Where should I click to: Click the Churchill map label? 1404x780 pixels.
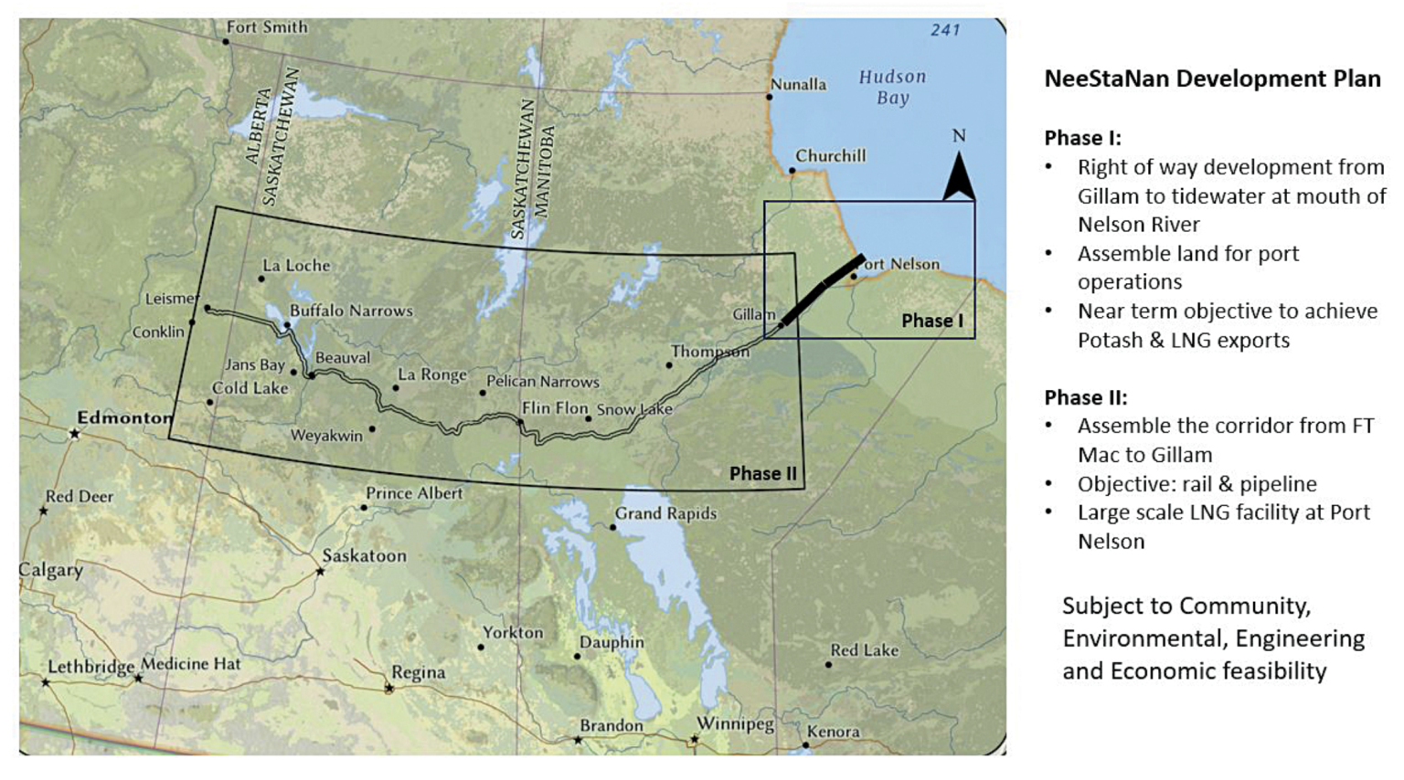830,156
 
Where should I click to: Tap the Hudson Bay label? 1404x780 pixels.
892,87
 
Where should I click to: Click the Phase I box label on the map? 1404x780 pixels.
932,321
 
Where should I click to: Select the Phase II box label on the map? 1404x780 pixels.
763,473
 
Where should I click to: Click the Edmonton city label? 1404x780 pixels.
124,417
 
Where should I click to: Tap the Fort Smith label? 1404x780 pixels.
266,27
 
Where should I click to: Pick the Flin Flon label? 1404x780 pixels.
555,407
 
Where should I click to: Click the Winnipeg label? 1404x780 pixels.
735,724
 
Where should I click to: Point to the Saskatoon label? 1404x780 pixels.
364,555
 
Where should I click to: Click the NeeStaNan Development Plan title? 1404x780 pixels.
1212,79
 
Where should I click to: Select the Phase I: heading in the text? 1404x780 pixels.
1082,138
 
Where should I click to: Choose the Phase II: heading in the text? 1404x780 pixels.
1086,397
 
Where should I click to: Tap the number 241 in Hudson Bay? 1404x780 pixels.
945,30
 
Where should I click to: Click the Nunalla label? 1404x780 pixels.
798,84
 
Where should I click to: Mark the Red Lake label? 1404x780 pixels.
864,650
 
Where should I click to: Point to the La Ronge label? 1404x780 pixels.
432,374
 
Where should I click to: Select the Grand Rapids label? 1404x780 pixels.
665,513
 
